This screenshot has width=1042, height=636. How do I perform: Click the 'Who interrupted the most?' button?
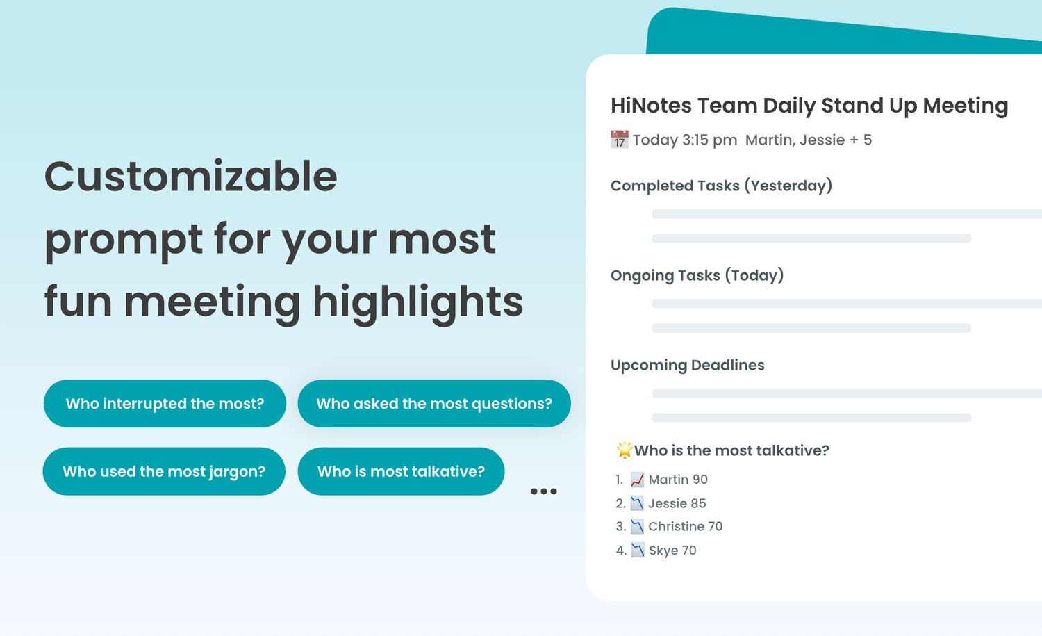tap(165, 404)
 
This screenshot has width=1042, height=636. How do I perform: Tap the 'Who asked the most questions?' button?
tap(434, 404)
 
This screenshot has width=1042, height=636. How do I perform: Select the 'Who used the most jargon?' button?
tap(164, 471)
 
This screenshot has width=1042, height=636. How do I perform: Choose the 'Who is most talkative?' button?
tap(401, 471)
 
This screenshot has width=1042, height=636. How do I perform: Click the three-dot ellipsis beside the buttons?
tap(543, 491)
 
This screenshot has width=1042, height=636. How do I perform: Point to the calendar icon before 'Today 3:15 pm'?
tap(619, 140)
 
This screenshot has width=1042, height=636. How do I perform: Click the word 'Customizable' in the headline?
tap(191, 177)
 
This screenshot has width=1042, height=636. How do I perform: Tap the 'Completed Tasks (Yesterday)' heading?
tap(721, 186)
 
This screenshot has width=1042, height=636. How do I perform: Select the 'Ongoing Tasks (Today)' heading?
tap(697, 275)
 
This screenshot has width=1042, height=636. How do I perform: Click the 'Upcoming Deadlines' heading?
tap(687, 365)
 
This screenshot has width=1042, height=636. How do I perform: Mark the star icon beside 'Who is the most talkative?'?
tap(624, 450)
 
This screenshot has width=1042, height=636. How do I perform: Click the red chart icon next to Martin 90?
tap(637, 480)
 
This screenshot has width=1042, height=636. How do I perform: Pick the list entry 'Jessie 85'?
tap(677, 503)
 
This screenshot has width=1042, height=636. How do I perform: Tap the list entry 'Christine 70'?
tap(685, 526)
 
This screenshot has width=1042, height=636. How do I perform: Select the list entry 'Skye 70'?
tap(672, 551)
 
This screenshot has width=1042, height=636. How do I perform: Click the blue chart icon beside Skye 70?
tap(637, 551)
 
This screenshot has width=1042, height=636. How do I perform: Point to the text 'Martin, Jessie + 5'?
tap(808, 140)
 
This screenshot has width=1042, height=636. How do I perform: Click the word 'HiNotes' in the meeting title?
tap(651, 106)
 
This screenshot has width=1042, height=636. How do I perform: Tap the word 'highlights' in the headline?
tap(417, 302)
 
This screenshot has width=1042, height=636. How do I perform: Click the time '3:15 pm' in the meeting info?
tap(709, 140)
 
